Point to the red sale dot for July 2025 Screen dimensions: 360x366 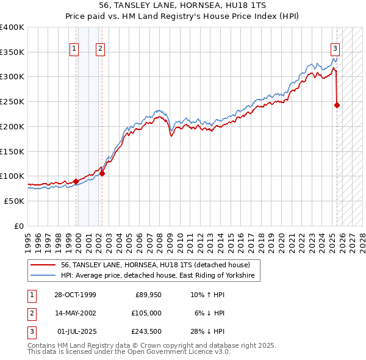click(337, 105)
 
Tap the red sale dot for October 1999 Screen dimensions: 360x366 click(76, 181)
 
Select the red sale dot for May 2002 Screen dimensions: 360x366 click(102, 173)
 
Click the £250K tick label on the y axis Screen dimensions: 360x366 click(12, 102)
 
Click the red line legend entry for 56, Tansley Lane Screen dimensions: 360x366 click(156, 265)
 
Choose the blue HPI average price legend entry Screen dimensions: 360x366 click(160, 276)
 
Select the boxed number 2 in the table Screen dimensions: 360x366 click(31, 313)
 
